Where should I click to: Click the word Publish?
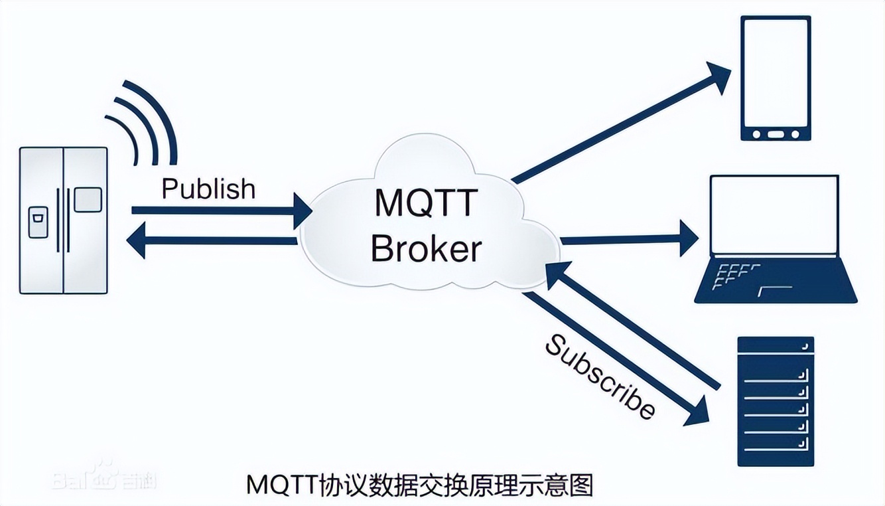coord(208,189)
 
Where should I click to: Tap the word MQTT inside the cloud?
coord(425,203)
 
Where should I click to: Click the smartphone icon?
coord(776,78)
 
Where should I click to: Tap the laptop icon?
coord(775,239)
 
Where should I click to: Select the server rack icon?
coord(776,401)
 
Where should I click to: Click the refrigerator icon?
coord(64,220)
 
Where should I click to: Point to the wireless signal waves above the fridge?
coord(143,123)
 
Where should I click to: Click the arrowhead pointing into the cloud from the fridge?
coord(303,211)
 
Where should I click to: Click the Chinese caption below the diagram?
coord(419,485)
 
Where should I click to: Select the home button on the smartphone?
coord(775,135)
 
